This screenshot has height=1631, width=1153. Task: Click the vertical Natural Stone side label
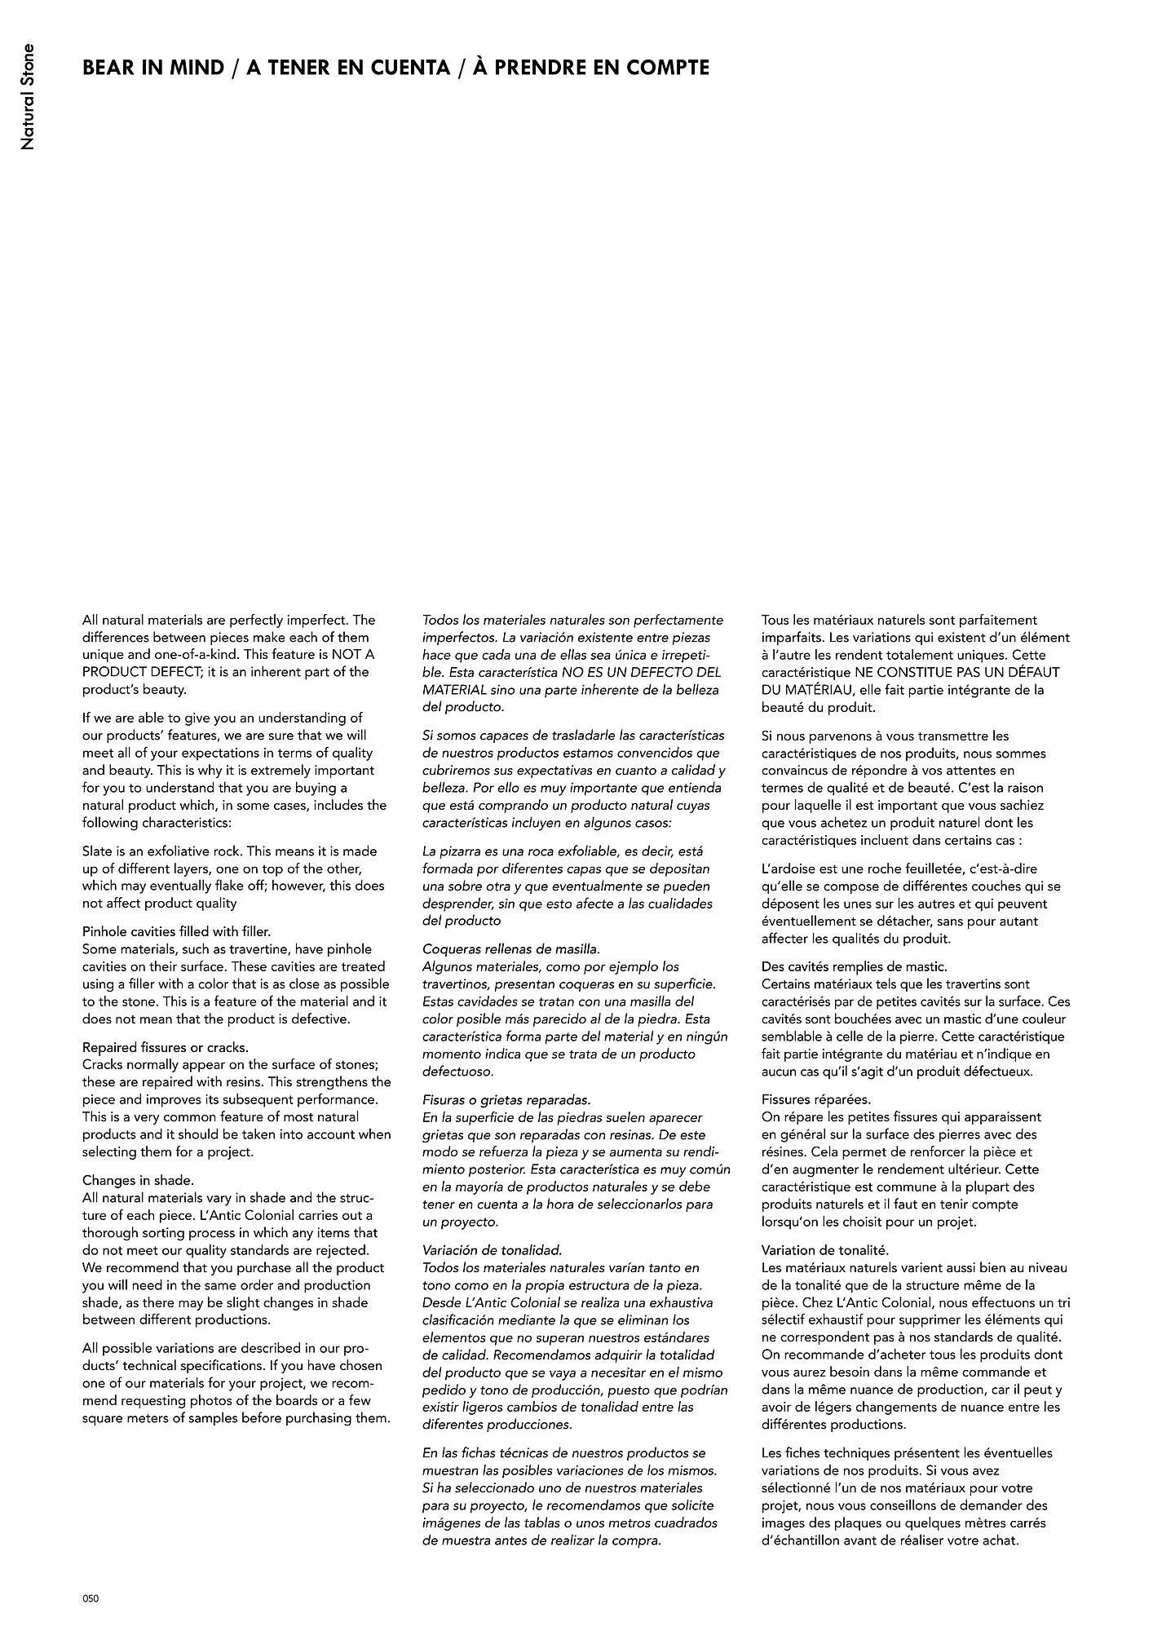pyautogui.click(x=28, y=97)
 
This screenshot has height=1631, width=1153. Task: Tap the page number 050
pyautogui.click(x=91, y=1598)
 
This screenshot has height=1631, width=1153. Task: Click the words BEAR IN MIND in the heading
pyautogui.click(x=152, y=68)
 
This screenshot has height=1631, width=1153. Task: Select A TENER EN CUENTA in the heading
pyautogui.click(x=348, y=68)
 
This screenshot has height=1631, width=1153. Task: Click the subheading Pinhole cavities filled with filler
pyautogui.click(x=176, y=931)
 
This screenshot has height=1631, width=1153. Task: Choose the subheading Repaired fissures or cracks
pyautogui.click(x=166, y=1047)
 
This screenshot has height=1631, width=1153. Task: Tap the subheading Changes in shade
pyautogui.click(x=138, y=1180)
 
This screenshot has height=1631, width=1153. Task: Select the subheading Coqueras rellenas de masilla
pyautogui.click(x=511, y=948)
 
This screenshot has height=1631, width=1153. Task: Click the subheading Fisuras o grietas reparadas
pyautogui.click(x=506, y=1099)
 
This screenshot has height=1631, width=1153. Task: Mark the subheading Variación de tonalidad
pyautogui.click(x=493, y=1249)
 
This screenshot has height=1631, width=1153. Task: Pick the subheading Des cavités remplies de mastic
pyautogui.click(x=855, y=966)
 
